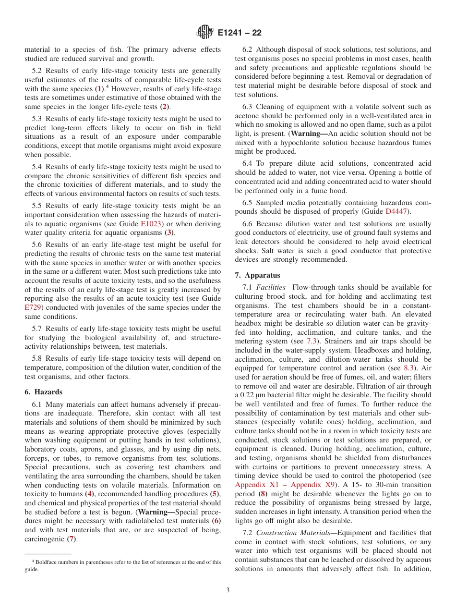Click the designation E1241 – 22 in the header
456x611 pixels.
(240, 33)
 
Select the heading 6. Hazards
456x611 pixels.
(43, 392)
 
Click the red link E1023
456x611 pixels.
(152, 224)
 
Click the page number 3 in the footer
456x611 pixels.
(228, 590)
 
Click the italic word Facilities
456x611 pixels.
(271, 287)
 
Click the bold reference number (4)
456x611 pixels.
(89, 494)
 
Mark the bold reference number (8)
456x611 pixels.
(263, 494)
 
